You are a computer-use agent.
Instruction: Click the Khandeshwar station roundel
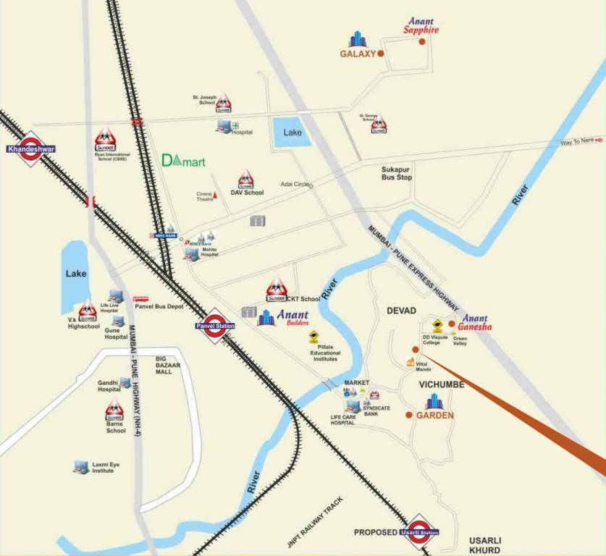(x=31, y=148)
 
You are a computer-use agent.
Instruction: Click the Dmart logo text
(x=183, y=161)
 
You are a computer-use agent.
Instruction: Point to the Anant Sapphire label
(x=421, y=26)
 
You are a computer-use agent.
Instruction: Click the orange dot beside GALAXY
(x=381, y=54)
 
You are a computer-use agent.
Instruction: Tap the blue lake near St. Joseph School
(x=292, y=132)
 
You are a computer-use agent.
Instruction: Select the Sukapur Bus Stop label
(x=397, y=173)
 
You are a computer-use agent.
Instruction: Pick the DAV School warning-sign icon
(x=246, y=179)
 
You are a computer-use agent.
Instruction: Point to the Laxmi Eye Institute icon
(x=80, y=467)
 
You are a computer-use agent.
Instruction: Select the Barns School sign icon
(x=114, y=410)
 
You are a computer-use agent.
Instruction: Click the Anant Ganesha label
(x=476, y=322)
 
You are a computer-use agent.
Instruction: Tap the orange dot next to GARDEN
(x=409, y=415)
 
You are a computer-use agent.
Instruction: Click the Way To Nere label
(x=577, y=140)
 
